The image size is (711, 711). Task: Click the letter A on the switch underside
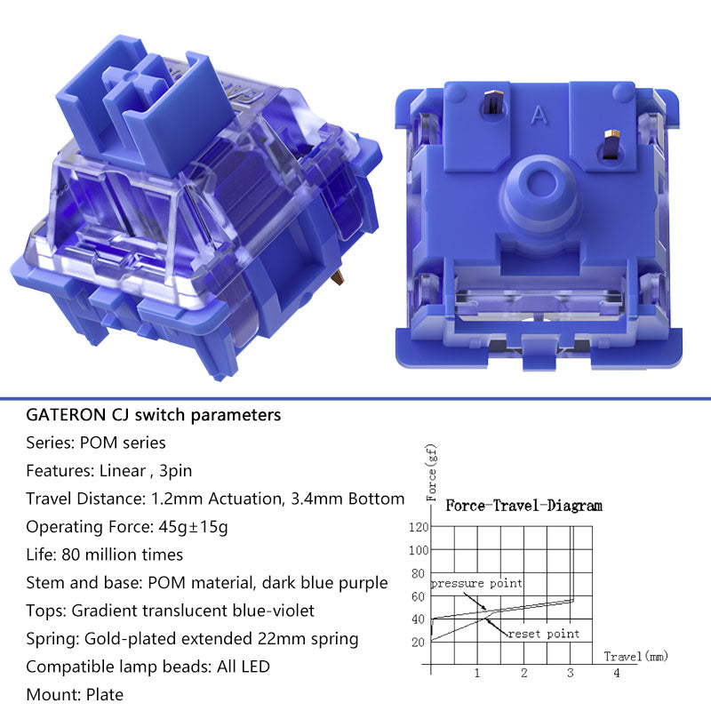[539, 116]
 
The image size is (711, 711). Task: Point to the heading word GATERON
[66, 415]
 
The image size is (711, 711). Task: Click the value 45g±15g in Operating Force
[193, 527]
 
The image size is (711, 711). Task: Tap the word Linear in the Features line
[123, 471]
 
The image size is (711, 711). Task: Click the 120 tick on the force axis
[418, 527]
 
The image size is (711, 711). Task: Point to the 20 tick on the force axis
[418, 642]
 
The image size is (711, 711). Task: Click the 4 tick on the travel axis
[617, 673]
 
